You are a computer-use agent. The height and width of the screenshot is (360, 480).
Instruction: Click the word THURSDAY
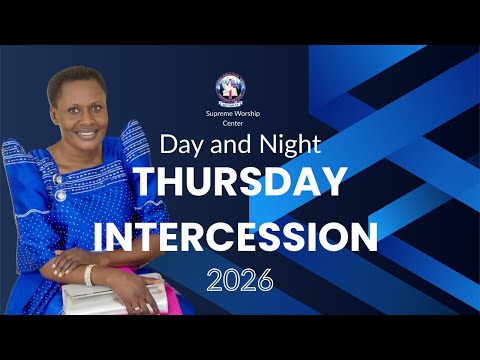(x=240, y=182)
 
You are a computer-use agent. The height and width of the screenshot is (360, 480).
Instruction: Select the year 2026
(x=240, y=280)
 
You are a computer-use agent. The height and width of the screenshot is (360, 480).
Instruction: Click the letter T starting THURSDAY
(x=145, y=182)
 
